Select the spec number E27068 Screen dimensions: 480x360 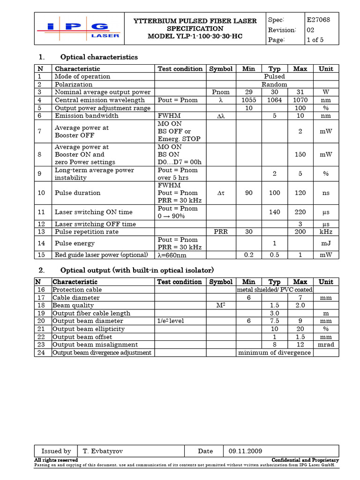click(x=318, y=20)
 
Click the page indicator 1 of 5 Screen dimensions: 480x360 click(x=315, y=40)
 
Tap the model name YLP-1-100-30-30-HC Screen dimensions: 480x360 click(x=195, y=36)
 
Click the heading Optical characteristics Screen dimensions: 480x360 click(x=99, y=57)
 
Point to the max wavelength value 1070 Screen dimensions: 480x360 click(x=300, y=100)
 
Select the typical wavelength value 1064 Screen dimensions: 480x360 click(x=274, y=100)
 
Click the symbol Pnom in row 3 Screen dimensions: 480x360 click(x=221, y=92)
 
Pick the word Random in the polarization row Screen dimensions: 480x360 click(x=274, y=84)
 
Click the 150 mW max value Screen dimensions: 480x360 click(x=300, y=154)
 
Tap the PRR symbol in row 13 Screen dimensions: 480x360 click(x=221, y=232)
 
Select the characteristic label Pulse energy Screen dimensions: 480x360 click(x=75, y=243)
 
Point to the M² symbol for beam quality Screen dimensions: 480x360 click(x=221, y=305)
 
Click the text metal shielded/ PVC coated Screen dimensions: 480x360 click(x=274, y=290)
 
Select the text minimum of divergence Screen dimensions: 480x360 click(x=274, y=352)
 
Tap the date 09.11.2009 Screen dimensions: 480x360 click(x=245, y=451)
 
